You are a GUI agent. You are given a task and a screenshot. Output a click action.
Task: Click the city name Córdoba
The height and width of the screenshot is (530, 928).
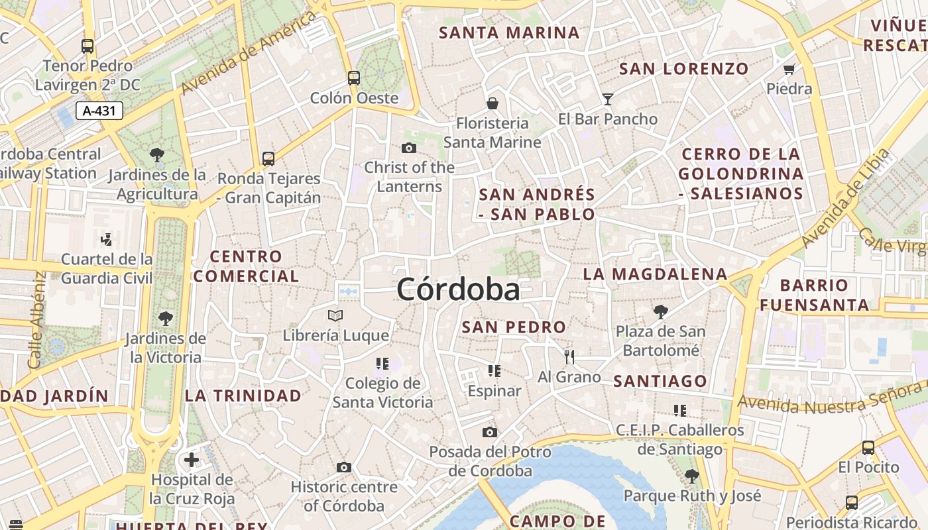[x=458, y=290]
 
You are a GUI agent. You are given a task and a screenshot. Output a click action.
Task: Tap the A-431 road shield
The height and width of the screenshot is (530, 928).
[x=99, y=111]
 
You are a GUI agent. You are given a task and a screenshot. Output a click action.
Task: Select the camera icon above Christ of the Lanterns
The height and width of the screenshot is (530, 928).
[x=409, y=148]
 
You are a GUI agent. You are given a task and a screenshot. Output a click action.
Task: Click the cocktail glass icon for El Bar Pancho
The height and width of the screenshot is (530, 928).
[x=607, y=99]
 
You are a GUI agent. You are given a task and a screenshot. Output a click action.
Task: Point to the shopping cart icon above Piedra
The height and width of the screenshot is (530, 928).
[x=789, y=69]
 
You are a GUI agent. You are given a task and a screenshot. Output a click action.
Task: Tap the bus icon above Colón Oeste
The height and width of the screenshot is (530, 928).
[x=354, y=78]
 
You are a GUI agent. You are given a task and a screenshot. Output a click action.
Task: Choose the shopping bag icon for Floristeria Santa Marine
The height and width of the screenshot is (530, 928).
[x=493, y=103]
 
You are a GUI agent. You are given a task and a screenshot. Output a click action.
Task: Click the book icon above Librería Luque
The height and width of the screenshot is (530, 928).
[x=335, y=316]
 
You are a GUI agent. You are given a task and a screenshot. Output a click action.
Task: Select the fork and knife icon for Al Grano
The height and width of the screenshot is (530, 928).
[x=569, y=357]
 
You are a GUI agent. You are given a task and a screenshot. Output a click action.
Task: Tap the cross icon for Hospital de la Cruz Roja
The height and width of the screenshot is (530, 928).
[x=192, y=460]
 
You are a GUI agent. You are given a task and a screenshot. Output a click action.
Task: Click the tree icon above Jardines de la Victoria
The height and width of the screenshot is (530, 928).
[x=165, y=319]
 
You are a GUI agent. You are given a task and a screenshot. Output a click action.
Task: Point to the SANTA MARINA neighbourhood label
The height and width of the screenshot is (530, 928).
[x=509, y=32]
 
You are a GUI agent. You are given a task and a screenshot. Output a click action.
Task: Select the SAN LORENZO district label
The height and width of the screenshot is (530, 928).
[x=683, y=68]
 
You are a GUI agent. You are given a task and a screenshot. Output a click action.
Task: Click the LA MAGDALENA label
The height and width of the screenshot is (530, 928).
[x=655, y=274]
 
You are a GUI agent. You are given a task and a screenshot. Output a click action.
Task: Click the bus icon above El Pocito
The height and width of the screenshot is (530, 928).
[x=868, y=448]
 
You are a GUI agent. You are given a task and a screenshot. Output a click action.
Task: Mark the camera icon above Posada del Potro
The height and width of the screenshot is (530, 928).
[x=490, y=433]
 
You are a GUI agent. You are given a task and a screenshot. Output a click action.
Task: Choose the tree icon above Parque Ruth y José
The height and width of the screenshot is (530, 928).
[x=692, y=476]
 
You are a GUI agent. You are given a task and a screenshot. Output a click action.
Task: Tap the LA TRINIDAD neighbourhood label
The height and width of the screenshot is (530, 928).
[x=243, y=396]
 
